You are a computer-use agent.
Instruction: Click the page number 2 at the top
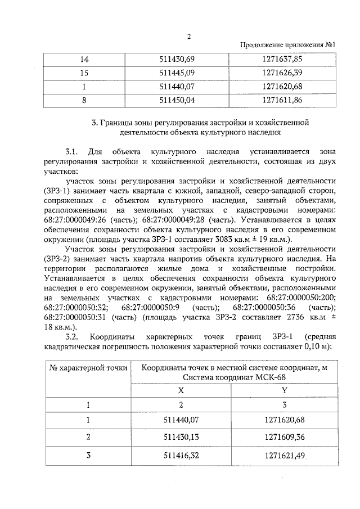pos(189,37)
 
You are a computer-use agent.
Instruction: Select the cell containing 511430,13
pos(181,436)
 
